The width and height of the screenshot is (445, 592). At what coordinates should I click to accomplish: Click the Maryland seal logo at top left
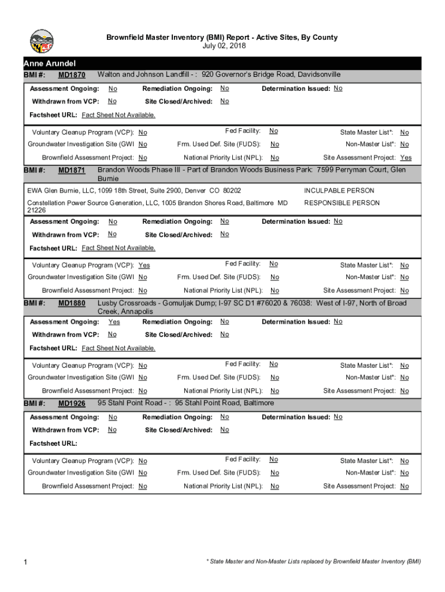[42, 42]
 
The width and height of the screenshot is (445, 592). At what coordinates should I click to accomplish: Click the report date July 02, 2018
[222, 46]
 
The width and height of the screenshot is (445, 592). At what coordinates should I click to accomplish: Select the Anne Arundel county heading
[50, 63]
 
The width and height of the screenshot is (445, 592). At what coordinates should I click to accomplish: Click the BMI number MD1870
[72, 75]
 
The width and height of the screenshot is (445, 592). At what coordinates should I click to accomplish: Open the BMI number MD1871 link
[72, 171]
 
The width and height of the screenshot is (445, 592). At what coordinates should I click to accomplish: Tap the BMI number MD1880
[72, 304]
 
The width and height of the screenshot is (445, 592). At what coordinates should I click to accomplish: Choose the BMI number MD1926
[72, 404]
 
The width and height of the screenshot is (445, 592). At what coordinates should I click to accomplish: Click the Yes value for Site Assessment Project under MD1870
[406, 158]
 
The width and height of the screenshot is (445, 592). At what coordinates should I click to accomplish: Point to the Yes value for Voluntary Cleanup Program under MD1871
[144, 265]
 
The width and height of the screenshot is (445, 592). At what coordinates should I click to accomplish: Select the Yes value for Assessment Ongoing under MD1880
[114, 322]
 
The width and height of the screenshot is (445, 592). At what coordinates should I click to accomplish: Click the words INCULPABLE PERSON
[339, 191]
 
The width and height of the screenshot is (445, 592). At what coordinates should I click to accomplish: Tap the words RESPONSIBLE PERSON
[342, 203]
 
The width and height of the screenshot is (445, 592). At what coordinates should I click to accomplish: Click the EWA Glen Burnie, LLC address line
[134, 191]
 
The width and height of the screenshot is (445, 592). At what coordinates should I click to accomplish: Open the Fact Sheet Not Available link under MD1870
[118, 115]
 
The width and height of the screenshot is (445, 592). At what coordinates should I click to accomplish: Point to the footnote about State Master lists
[314, 561]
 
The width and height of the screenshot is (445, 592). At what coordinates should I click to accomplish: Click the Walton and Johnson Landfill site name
[147, 75]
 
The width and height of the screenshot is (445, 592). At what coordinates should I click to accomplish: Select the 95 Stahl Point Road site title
[186, 403]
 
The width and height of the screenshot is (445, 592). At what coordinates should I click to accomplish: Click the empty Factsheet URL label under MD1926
[53, 443]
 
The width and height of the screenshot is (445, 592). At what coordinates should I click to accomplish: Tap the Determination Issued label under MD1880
[296, 322]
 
